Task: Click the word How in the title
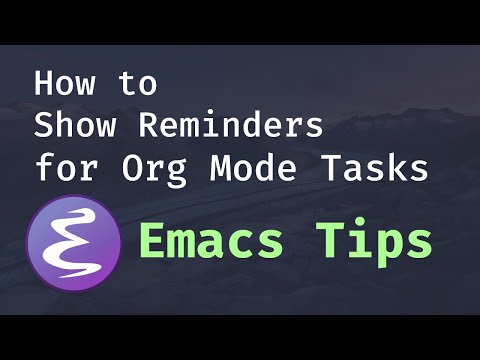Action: coord(63,84)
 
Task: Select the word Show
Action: coord(76,127)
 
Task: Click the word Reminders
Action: coord(230,127)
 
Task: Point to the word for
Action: coord(63,168)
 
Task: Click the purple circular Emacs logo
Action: coord(75,243)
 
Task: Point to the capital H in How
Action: coord(45,84)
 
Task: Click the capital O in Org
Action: coord(125,168)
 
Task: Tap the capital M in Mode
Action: coord(221,168)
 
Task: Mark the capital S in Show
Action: coord(45,127)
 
